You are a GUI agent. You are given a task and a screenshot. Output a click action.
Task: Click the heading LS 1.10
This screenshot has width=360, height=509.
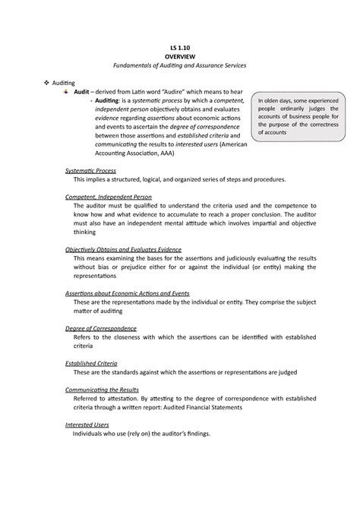point(180,48)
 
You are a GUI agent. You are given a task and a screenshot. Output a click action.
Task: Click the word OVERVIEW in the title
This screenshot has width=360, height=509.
point(180,58)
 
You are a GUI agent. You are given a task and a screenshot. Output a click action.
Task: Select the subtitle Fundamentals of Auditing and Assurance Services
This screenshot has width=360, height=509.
point(180,68)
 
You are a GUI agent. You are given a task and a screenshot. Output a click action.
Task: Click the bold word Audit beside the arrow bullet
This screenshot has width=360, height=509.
point(81,91)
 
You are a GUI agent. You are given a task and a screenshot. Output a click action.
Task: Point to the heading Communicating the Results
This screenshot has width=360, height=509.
point(108,387)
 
